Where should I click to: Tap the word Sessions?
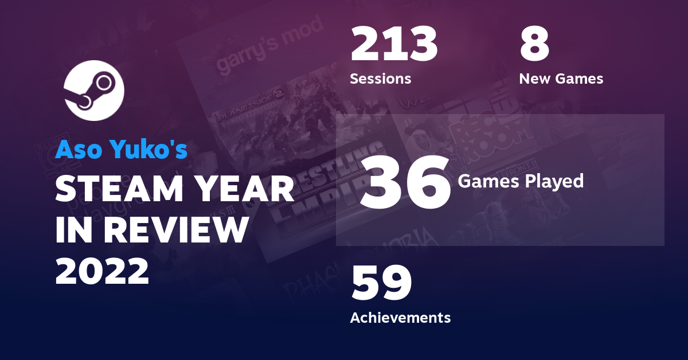[380, 79]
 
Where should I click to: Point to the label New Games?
[561, 79]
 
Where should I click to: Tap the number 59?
[381, 283]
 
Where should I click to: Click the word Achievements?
[400, 317]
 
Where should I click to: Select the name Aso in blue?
[76, 150]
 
